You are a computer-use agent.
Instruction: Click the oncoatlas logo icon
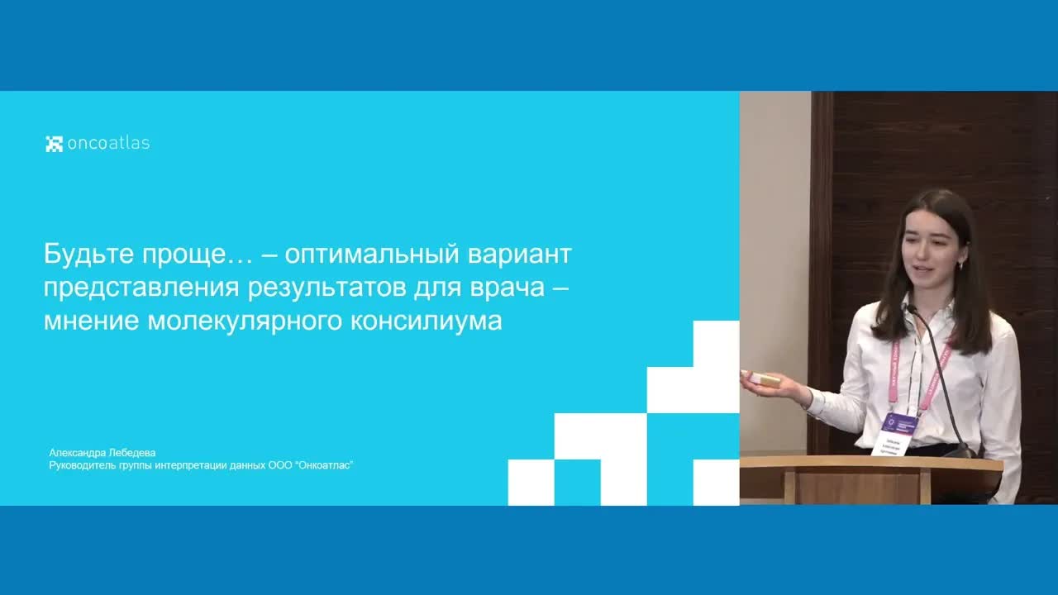(54, 143)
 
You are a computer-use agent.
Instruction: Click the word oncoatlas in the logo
(108, 143)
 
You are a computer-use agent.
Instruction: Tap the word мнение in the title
(91, 321)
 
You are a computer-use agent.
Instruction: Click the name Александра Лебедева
(102, 453)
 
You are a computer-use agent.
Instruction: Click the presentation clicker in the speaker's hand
(765, 380)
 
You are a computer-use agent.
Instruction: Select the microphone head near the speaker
(910, 309)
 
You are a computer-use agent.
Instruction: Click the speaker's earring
(960, 266)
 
